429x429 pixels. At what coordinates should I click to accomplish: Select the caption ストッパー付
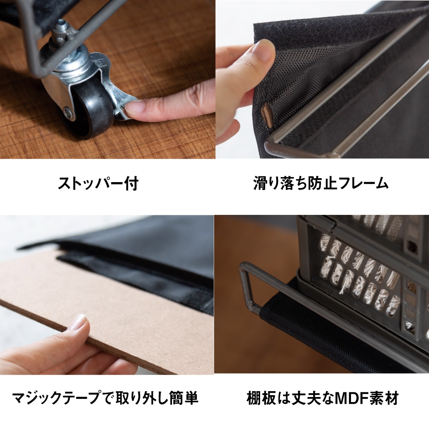[98, 183]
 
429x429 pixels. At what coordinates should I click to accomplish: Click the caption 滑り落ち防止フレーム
[321, 183]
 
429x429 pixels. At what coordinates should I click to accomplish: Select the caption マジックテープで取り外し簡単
[105, 398]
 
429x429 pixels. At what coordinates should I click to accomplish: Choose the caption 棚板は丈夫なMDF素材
[323, 398]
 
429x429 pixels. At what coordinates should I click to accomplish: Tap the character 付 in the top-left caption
[131, 183]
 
